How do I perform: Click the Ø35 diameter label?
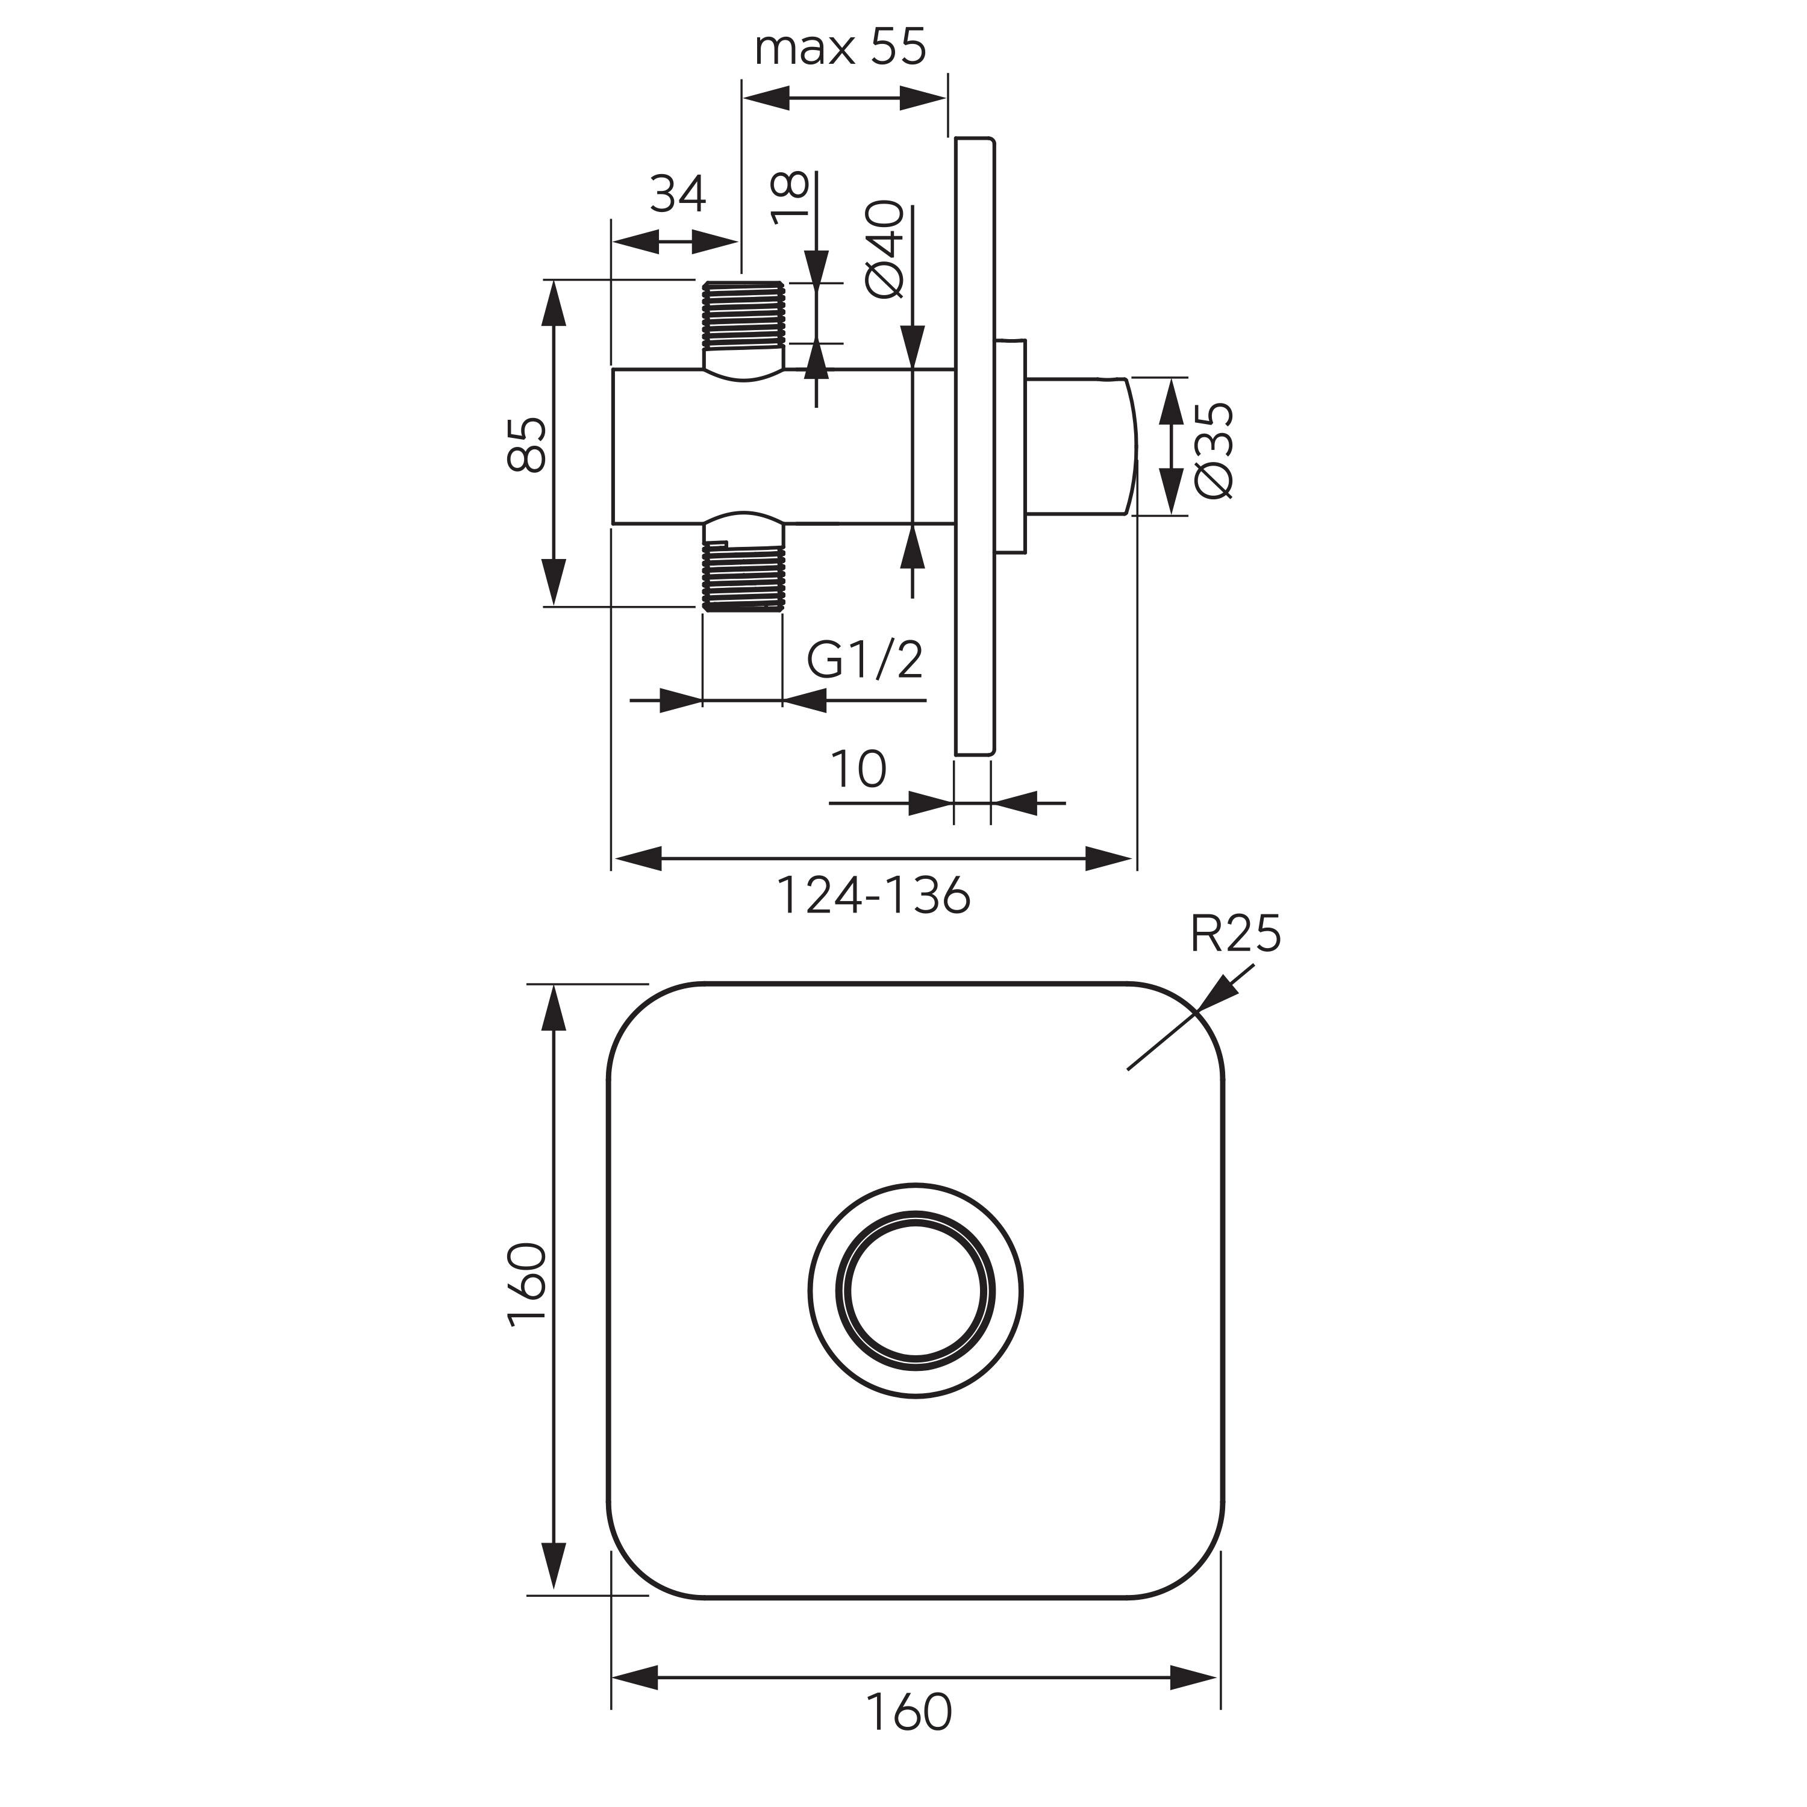click(x=1215, y=450)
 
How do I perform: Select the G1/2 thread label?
click(x=864, y=660)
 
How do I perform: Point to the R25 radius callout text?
click(x=1235, y=934)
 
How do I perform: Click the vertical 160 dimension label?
click(x=526, y=1283)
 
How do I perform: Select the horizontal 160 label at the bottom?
click(x=908, y=1712)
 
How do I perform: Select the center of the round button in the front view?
click(x=916, y=1291)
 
